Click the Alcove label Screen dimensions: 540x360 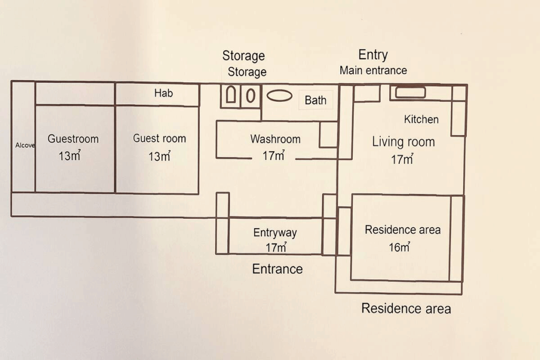25,145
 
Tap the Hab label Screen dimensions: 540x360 163,93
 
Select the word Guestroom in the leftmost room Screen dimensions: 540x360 73,139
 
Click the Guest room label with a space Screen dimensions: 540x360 159,138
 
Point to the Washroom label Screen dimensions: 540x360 275,139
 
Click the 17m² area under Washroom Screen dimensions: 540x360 274,155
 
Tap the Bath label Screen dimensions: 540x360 315,100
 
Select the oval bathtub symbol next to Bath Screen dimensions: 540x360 279,95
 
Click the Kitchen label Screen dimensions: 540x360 421,120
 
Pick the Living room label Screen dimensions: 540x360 403,142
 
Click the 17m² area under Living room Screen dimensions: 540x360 402,159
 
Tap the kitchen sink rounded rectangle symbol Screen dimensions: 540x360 410,93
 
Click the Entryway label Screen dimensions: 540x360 275,232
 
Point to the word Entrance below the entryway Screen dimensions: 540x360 277,269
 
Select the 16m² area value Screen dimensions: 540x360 400,247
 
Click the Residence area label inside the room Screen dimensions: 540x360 402,230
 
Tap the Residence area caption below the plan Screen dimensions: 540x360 406,308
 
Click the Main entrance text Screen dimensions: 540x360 373,71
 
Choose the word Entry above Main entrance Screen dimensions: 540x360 373,55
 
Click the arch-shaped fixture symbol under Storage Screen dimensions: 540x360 231,95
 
